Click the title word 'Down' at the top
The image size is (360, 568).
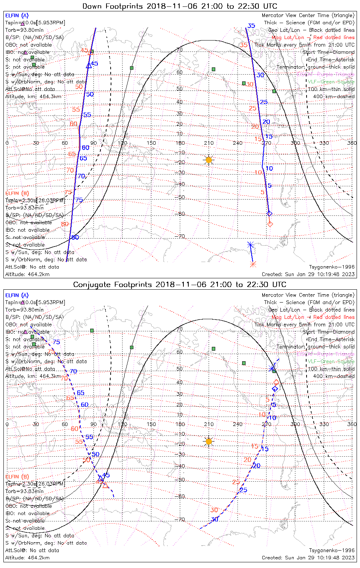click(x=92, y=6)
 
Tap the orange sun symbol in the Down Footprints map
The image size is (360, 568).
click(x=208, y=160)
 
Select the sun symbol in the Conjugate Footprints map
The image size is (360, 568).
click(x=208, y=441)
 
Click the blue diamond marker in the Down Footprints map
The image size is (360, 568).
click(x=269, y=214)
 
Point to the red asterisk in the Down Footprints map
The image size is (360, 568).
click(x=253, y=264)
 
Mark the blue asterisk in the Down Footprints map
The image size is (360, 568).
click(x=250, y=245)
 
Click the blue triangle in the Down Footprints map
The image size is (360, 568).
click(x=89, y=66)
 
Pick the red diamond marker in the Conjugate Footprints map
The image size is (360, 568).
click(x=276, y=382)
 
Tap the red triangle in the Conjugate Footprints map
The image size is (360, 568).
click(x=105, y=485)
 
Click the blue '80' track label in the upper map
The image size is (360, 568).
click(x=75, y=237)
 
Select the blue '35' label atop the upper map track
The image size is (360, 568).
click(x=251, y=26)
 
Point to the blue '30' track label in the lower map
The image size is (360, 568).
click(x=215, y=519)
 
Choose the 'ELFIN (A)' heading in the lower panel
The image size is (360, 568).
click(x=17, y=295)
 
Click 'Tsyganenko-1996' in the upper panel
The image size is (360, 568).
click(x=332, y=267)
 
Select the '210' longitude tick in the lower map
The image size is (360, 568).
click(x=209, y=424)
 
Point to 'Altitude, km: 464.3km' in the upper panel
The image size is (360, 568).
click(x=33, y=97)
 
